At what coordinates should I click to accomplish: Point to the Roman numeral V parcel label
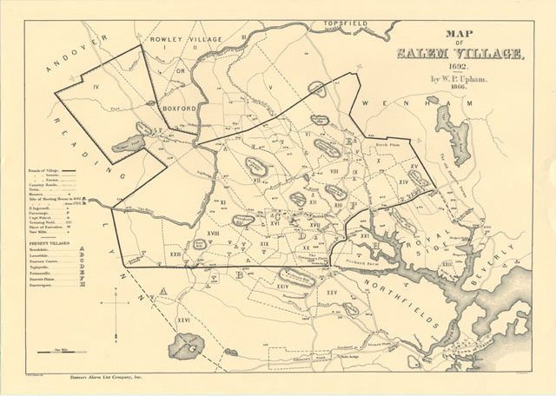pos(271,88)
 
